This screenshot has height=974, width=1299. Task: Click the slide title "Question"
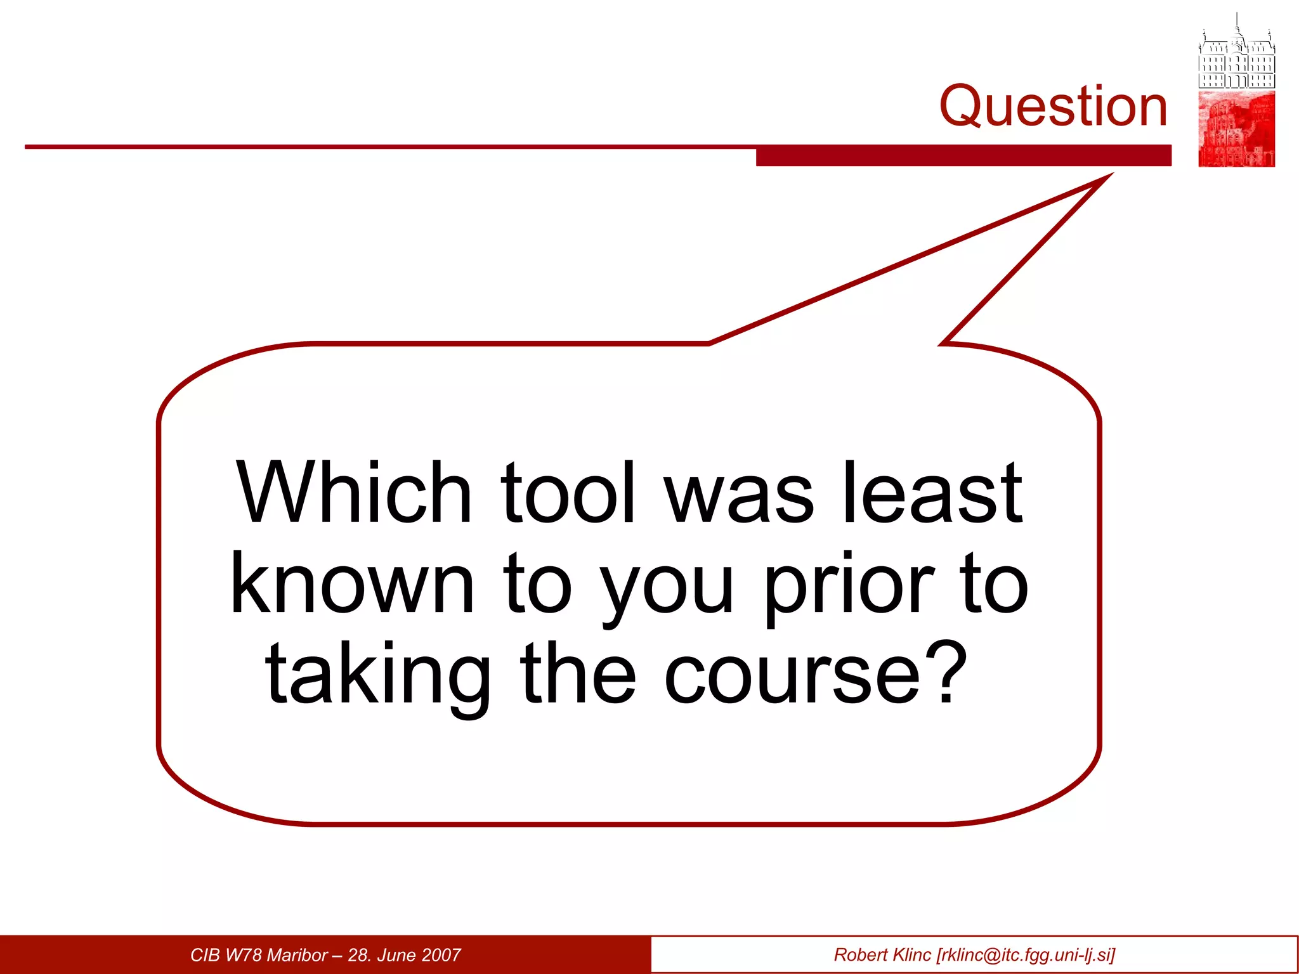click(1053, 106)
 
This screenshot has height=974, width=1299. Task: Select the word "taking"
click(379, 677)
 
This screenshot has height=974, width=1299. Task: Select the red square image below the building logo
click(1236, 129)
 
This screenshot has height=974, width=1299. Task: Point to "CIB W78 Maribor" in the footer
click(259, 955)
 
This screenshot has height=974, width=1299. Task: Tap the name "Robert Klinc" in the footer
click(882, 955)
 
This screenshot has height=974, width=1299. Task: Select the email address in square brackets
click(1026, 955)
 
